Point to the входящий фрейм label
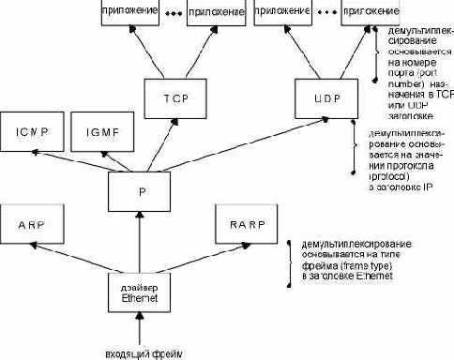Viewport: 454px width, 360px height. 140,352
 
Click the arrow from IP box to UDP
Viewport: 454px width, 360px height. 235,141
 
